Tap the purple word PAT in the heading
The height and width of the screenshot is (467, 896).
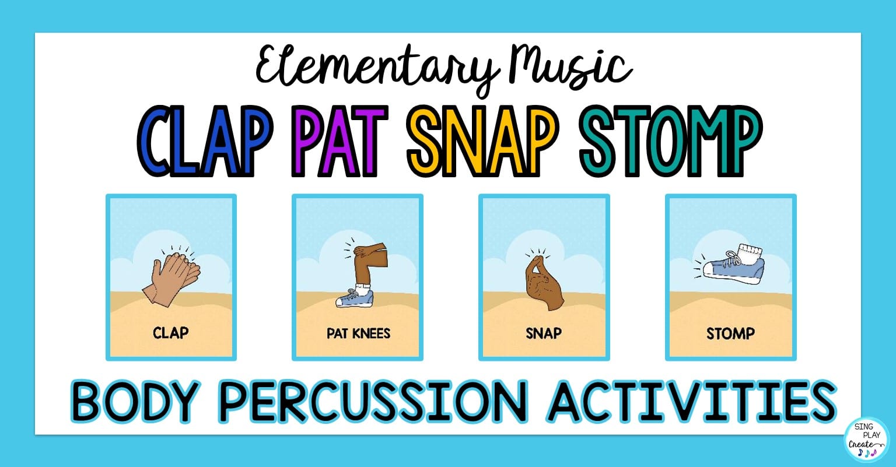point(339,141)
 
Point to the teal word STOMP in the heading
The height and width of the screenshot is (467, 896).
point(671,141)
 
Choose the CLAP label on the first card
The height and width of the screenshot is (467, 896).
point(170,333)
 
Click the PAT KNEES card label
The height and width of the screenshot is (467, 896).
point(358,333)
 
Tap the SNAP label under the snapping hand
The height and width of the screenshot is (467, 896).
point(544,333)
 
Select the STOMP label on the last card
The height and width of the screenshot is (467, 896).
point(730,333)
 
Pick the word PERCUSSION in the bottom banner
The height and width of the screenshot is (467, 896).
point(373,401)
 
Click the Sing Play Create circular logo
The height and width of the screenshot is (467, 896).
point(866,440)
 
